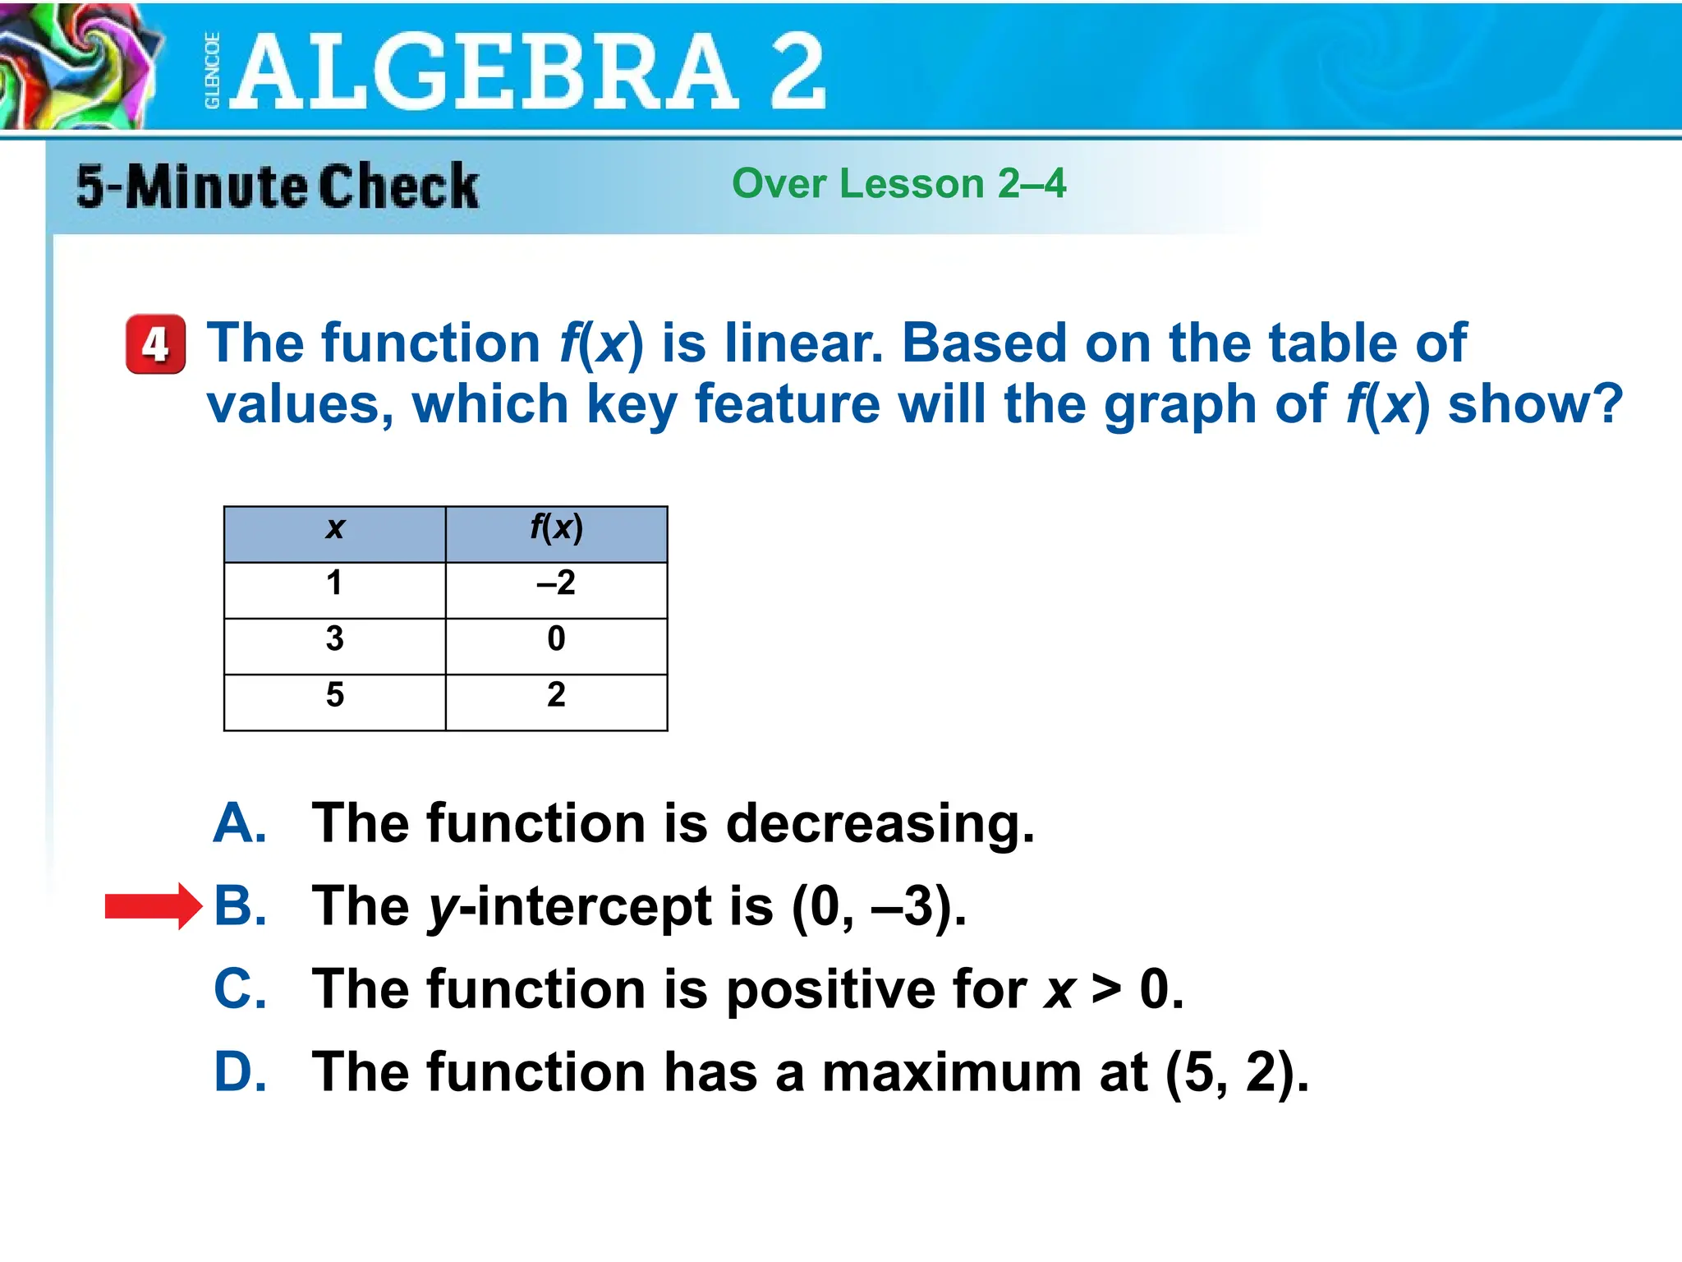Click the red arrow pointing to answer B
pyautogui.click(x=153, y=906)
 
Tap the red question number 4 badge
pyautogui.click(x=155, y=344)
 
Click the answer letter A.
pyautogui.click(x=239, y=823)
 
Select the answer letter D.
pyautogui.click(x=239, y=1072)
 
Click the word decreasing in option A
pyautogui.click(x=879, y=824)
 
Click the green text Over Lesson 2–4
pyautogui.click(x=898, y=183)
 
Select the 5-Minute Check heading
pyautogui.click(x=277, y=186)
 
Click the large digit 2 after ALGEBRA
pyautogui.click(x=797, y=72)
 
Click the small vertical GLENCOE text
pyautogui.click(x=212, y=71)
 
